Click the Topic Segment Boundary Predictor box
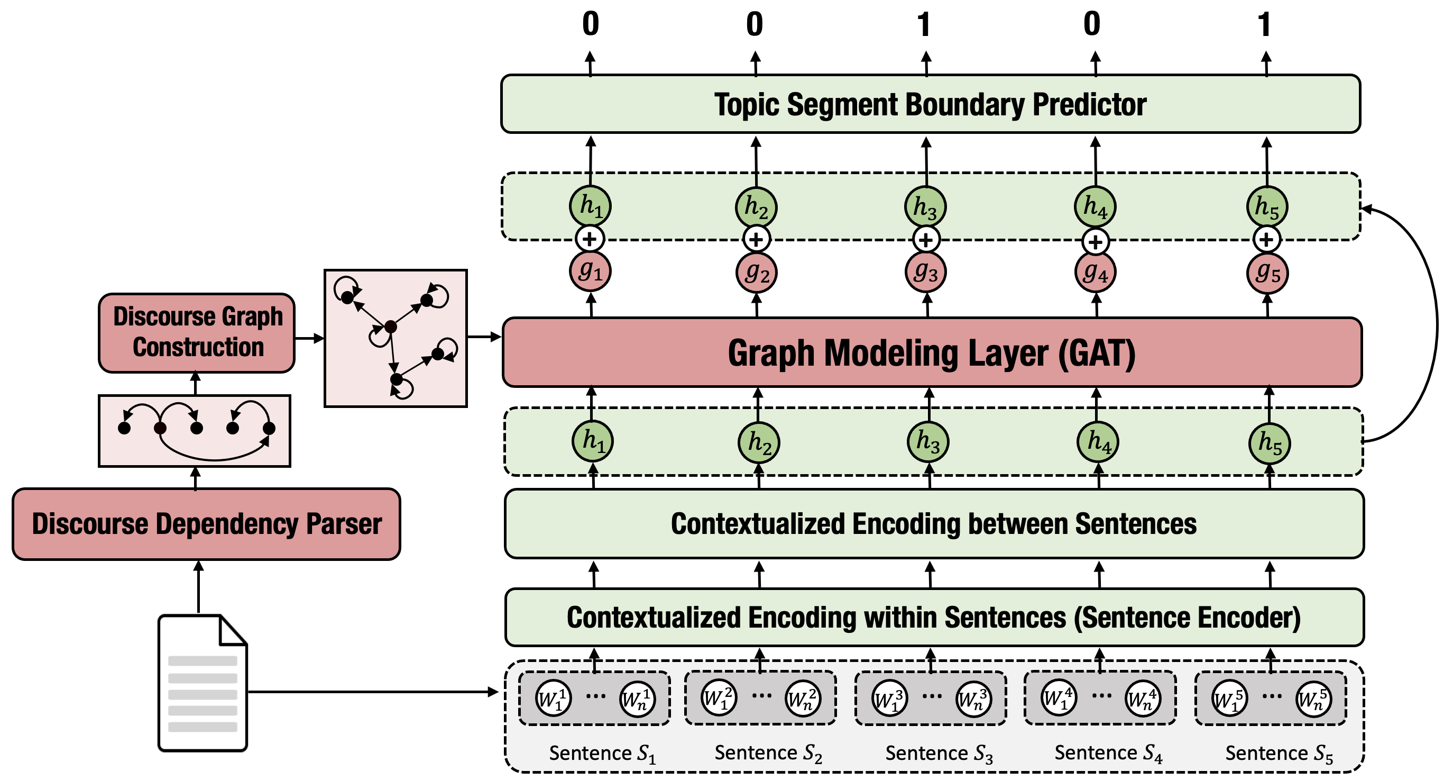pyautogui.click(x=931, y=104)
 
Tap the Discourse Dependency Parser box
pyautogui.click(x=206, y=524)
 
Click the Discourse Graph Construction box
pyautogui.click(x=197, y=332)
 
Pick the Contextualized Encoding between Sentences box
pyautogui.click(x=934, y=524)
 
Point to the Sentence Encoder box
pyautogui.click(x=934, y=617)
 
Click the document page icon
pyautogui.click(x=203, y=683)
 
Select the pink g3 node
pyautogui.click(x=926, y=272)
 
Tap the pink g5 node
pyautogui.click(x=1267, y=273)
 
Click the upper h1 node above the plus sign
pyautogui.click(x=590, y=206)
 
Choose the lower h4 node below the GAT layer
pyautogui.click(x=1098, y=441)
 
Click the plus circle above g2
pyautogui.click(x=757, y=239)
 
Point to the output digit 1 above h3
pyautogui.click(x=923, y=25)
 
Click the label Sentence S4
pyautogui.click(x=1108, y=754)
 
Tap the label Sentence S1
pyautogui.click(x=602, y=754)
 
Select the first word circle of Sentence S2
pyautogui.click(x=719, y=699)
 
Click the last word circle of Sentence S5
pyautogui.click(x=1314, y=700)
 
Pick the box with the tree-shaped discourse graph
pyautogui.click(x=396, y=338)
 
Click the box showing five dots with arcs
pyautogui.click(x=195, y=431)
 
